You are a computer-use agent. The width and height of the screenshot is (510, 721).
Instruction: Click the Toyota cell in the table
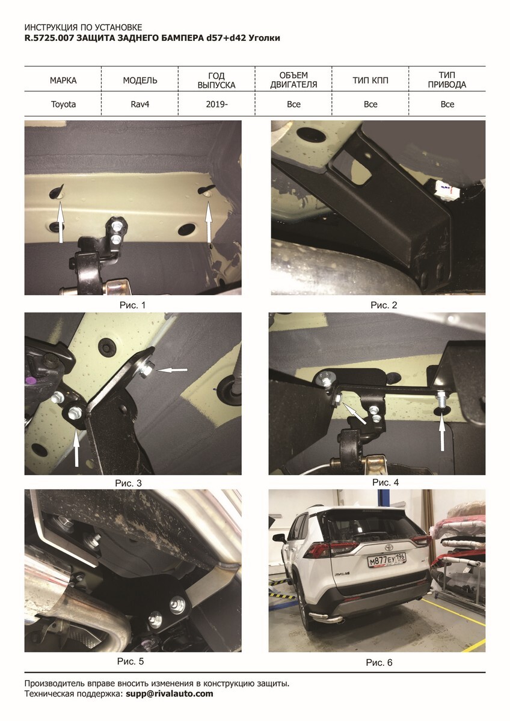click(x=63, y=105)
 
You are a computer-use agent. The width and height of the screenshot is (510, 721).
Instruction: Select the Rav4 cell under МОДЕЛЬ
click(x=140, y=105)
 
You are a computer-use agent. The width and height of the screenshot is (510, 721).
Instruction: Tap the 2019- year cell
click(x=217, y=105)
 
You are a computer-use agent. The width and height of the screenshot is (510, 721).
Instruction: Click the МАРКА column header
click(x=63, y=80)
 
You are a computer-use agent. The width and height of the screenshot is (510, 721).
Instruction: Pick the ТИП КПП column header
click(x=370, y=80)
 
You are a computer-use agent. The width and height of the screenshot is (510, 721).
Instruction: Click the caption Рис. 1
click(x=133, y=305)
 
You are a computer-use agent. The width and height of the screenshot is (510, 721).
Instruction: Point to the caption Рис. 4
click(x=386, y=482)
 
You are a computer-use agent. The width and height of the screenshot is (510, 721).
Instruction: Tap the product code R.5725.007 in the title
click(x=49, y=38)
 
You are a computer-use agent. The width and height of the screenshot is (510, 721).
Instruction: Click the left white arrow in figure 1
click(x=60, y=222)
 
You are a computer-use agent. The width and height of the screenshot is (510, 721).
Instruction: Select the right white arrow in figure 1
click(x=209, y=222)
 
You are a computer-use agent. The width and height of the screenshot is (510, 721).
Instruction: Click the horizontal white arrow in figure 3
click(x=172, y=370)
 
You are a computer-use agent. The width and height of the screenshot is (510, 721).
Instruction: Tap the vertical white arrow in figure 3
click(x=76, y=446)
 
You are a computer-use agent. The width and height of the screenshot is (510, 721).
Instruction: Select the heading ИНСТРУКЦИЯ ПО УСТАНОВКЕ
click(x=83, y=28)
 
